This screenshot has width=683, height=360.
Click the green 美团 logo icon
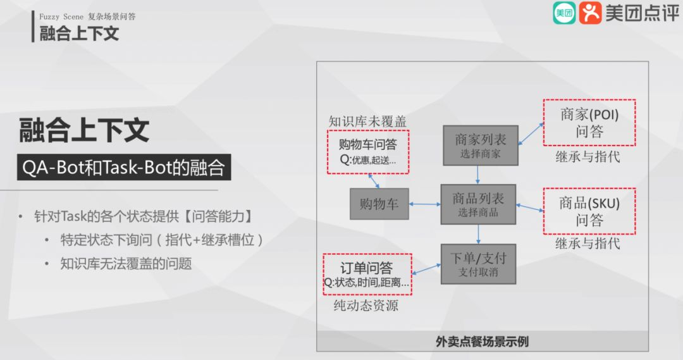click(x=564, y=13)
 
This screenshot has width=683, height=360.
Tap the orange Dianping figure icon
click(x=590, y=13)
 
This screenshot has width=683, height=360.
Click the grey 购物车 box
click(x=379, y=204)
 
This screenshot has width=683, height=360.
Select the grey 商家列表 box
click(x=479, y=145)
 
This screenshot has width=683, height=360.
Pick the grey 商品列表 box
click(x=478, y=204)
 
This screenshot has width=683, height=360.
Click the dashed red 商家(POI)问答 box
click(x=589, y=123)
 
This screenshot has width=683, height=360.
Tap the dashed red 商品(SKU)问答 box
click(x=589, y=211)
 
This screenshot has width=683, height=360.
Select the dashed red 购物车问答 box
click(x=368, y=152)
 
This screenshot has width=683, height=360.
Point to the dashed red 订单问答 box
click(x=367, y=274)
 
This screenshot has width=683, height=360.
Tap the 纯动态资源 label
click(x=366, y=306)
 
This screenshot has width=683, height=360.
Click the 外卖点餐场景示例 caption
click(x=482, y=342)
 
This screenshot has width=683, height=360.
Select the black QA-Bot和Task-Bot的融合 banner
click(x=123, y=168)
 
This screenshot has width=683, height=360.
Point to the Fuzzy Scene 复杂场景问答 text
click(x=87, y=16)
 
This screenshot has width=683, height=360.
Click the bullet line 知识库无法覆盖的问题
click(x=126, y=263)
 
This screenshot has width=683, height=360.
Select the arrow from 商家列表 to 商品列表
click(x=478, y=175)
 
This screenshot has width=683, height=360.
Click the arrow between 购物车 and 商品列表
click(x=425, y=204)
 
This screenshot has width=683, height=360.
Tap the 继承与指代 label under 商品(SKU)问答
click(x=588, y=244)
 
